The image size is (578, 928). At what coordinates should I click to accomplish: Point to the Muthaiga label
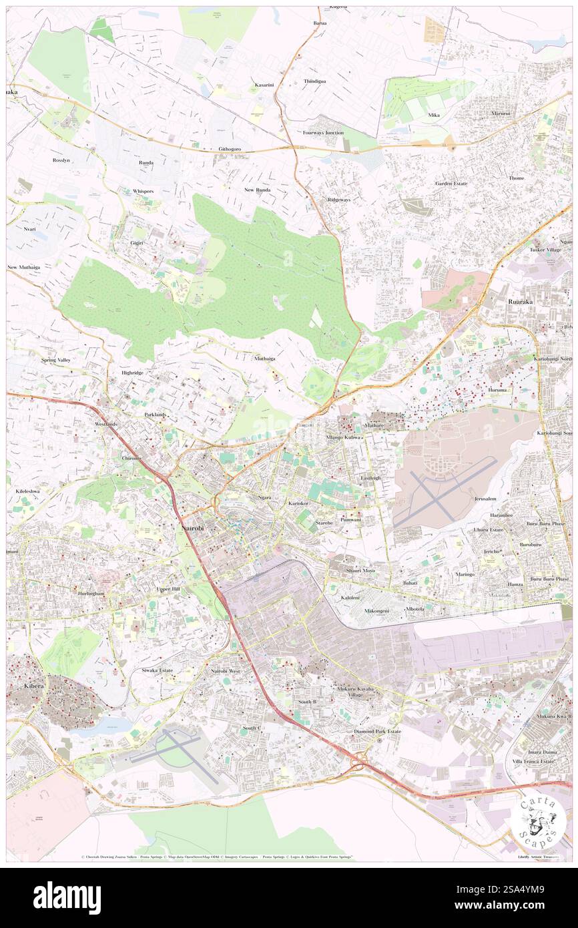pos(265,359)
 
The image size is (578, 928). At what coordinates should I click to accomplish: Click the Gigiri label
pos(139,244)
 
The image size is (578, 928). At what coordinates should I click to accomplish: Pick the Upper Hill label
pos(168,589)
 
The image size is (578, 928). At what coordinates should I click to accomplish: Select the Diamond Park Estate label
pos(378,731)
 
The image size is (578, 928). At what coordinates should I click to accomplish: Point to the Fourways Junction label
pos(323,132)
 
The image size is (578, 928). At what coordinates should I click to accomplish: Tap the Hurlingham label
pos(92,593)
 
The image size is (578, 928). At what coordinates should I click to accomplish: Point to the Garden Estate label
pos(451,183)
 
